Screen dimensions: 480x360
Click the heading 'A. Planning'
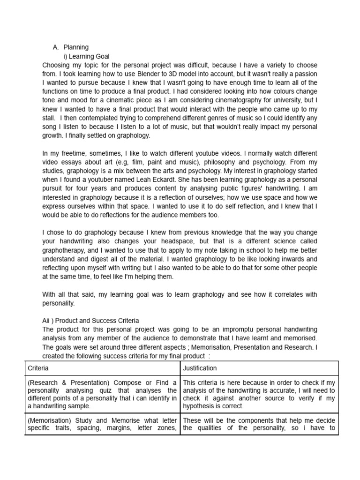click(71, 47)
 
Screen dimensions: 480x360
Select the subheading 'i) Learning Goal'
click(87, 56)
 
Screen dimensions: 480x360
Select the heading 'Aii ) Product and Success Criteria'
click(90, 321)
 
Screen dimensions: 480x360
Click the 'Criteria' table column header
click(38, 368)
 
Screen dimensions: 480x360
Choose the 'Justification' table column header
click(200, 368)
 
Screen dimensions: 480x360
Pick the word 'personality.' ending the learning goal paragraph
click(59, 303)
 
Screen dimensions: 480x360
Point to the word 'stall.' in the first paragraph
click(50, 118)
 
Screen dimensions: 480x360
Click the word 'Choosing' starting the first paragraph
click(57, 65)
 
